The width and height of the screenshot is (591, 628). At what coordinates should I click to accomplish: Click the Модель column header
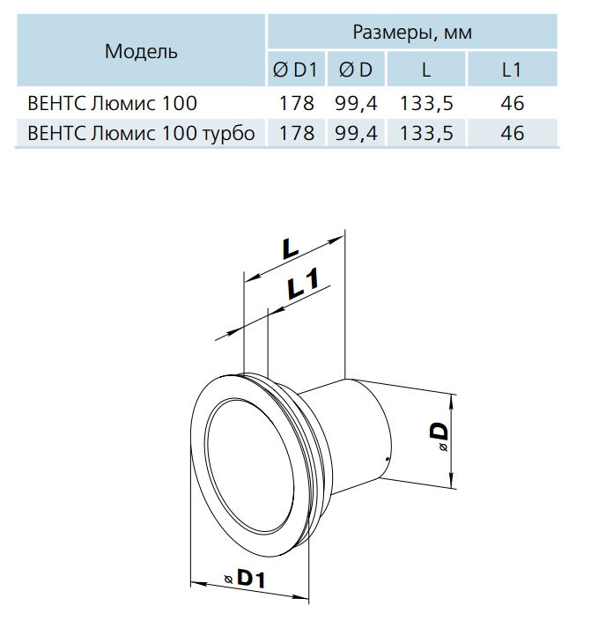click(x=141, y=52)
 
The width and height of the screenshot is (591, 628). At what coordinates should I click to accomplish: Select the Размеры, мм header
click(x=412, y=33)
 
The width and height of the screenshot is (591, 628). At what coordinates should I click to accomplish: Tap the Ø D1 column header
click(x=295, y=70)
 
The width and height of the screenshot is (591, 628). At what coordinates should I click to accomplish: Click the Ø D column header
click(x=356, y=70)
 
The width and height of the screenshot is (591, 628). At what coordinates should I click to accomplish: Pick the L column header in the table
click(x=426, y=70)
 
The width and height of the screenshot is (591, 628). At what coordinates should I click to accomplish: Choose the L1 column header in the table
click(x=512, y=70)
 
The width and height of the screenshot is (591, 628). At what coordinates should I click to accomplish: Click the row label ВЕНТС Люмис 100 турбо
click(x=141, y=133)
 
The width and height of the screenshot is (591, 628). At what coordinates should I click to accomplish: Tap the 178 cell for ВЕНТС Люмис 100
click(x=296, y=104)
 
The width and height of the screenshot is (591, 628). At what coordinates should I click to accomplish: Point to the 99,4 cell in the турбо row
click(x=356, y=133)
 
